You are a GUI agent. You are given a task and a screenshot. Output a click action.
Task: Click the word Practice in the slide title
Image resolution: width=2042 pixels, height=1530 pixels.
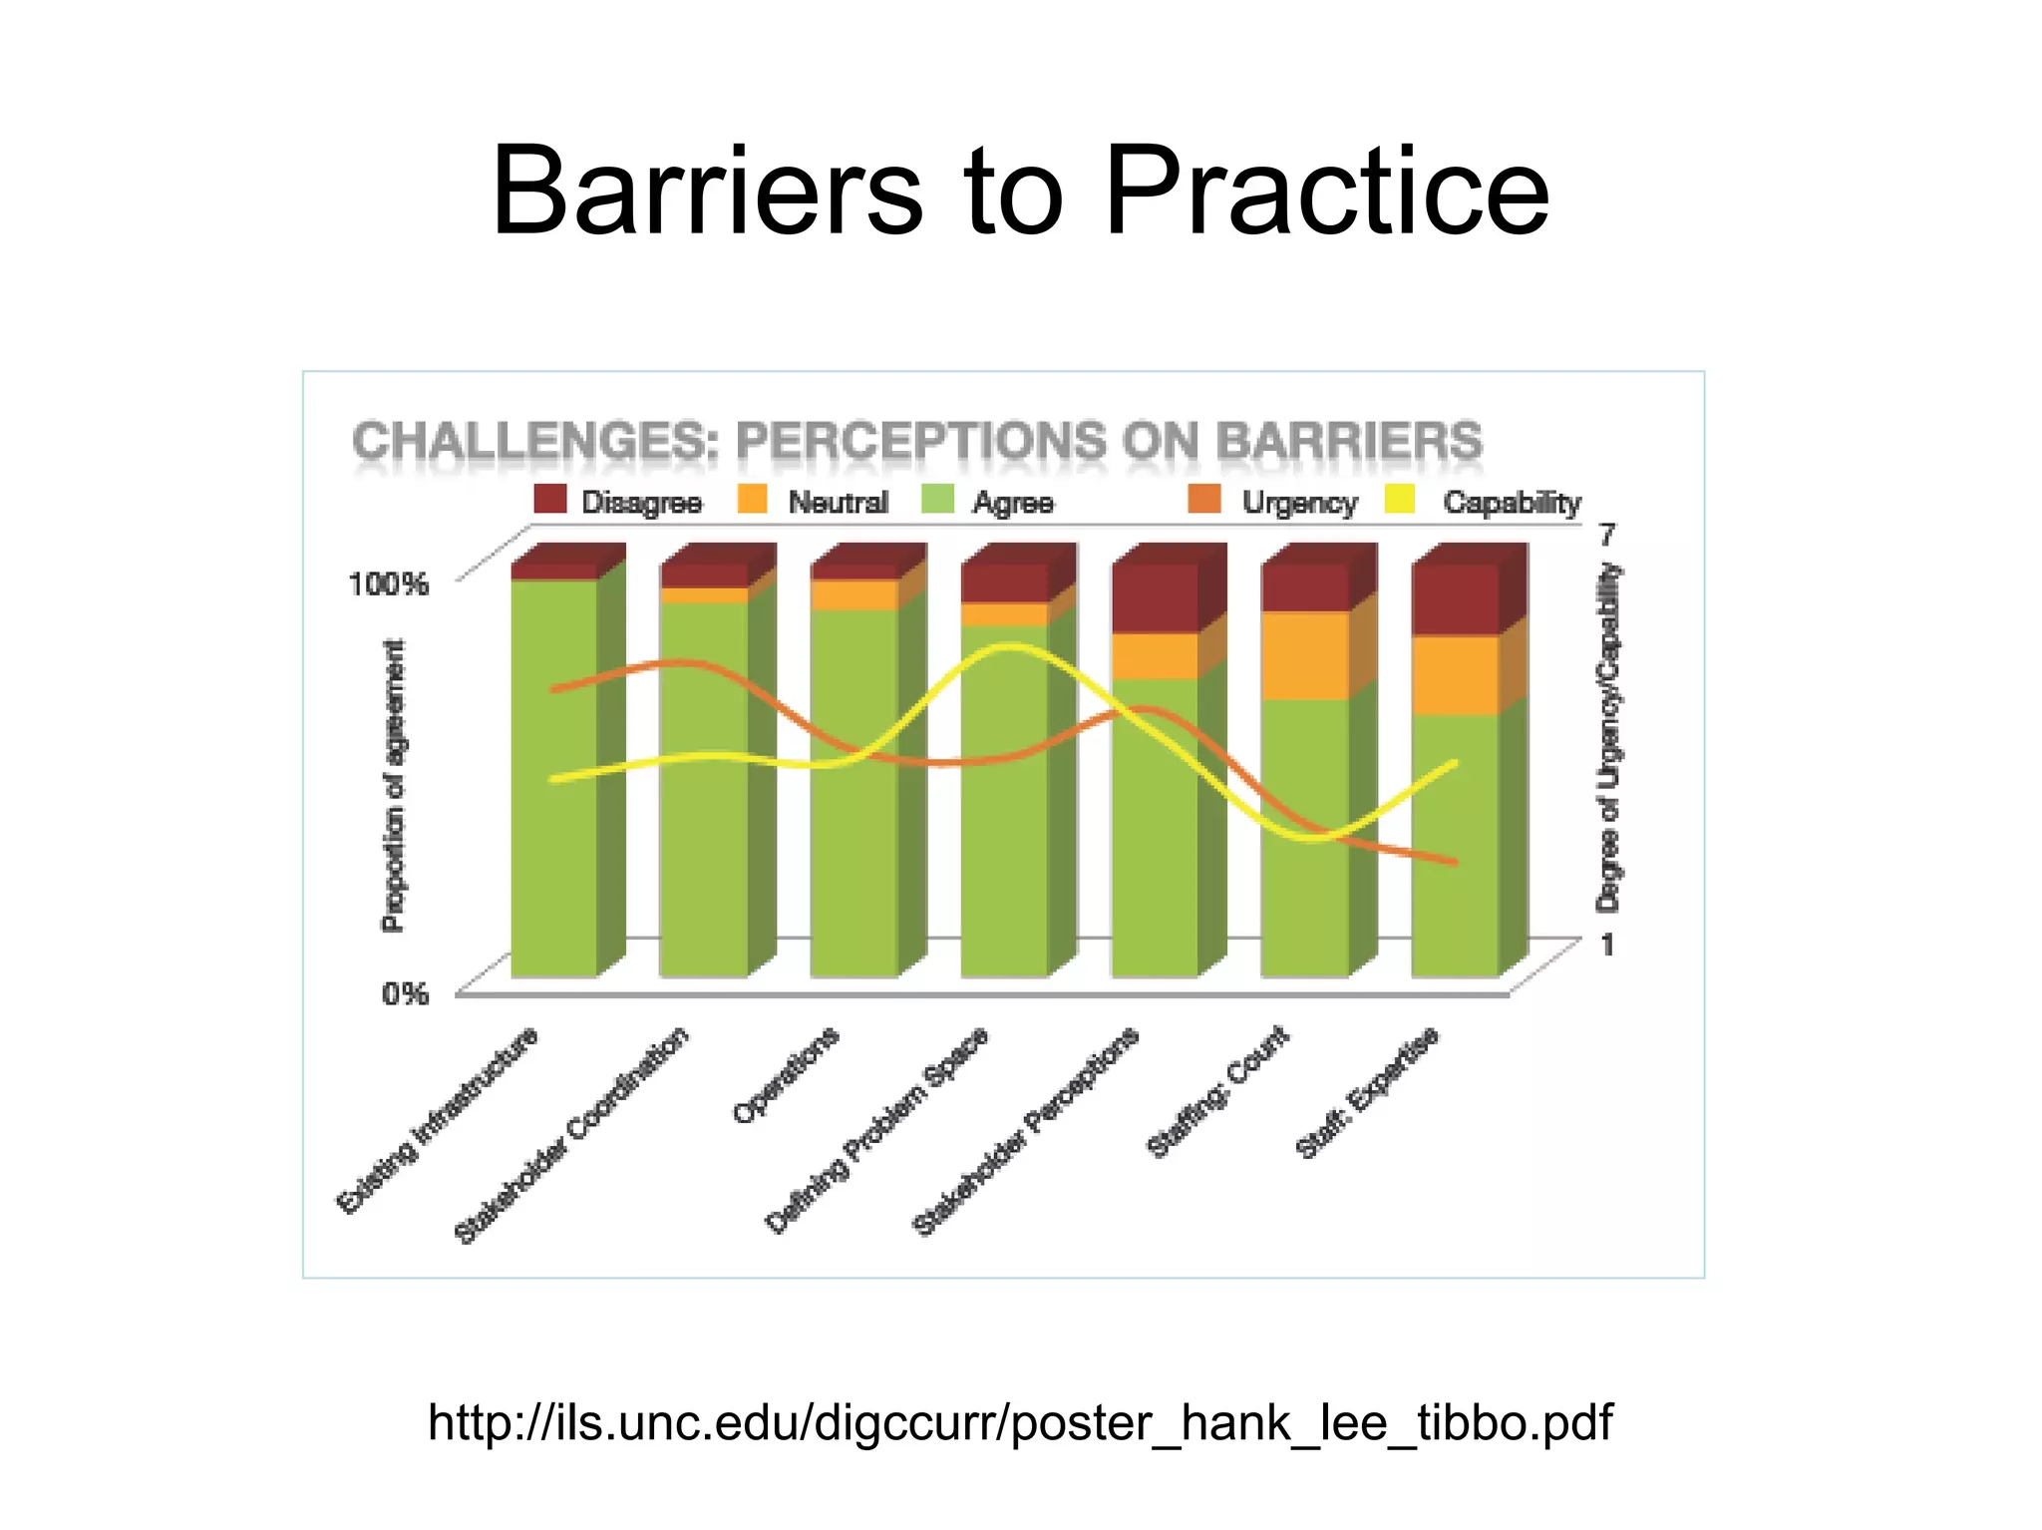click(x=1326, y=191)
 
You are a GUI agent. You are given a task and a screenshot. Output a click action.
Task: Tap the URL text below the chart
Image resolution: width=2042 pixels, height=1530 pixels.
click(x=1019, y=1421)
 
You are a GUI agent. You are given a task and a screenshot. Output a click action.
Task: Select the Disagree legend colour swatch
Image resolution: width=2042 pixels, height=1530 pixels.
click(x=549, y=499)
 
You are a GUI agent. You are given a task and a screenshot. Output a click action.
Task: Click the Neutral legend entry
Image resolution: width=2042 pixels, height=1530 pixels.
click(x=837, y=502)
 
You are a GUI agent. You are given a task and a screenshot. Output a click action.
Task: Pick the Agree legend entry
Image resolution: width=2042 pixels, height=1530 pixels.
click(x=1012, y=502)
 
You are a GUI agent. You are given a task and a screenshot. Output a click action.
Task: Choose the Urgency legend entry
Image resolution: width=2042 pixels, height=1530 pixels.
click(x=1298, y=502)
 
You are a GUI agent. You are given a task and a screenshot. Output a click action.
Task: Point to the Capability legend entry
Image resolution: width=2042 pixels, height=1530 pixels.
click(x=1511, y=502)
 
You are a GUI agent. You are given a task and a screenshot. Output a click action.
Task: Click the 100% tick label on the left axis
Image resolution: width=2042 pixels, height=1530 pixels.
click(x=388, y=583)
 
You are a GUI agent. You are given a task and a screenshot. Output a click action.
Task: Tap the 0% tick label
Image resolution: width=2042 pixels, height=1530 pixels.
click(x=405, y=993)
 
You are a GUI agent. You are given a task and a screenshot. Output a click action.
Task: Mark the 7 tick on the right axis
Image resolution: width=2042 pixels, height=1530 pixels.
click(x=1607, y=535)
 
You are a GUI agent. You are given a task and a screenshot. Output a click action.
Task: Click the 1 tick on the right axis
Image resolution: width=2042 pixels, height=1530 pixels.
click(x=1607, y=944)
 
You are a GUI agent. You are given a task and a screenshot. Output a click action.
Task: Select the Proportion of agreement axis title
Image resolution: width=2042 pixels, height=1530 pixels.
click(x=394, y=786)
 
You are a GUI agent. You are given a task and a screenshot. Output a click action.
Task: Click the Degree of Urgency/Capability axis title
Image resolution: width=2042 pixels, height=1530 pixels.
click(x=1608, y=738)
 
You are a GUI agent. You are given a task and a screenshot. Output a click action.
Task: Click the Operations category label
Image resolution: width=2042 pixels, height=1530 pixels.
click(x=786, y=1075)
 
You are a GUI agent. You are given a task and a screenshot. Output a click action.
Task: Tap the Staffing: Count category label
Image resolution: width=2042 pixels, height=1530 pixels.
click(x=1217, y=1092)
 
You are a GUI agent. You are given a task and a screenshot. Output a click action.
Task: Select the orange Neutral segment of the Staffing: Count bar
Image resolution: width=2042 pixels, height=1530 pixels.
click(x=1305, y=655)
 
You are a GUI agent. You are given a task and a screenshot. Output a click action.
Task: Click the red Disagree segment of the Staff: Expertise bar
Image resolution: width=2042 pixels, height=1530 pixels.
click(x=1455, y=598)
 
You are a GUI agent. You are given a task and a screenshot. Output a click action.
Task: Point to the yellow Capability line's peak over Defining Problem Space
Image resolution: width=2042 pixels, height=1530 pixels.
click(x=1009, y=647)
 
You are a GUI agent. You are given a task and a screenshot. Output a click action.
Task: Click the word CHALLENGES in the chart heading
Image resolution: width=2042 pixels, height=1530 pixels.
click(x=534, y=441)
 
